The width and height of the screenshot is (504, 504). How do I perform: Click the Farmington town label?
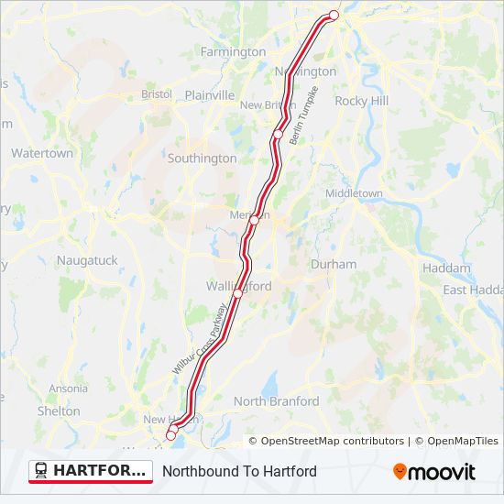(233, 52)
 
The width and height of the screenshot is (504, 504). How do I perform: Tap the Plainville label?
(210, 94)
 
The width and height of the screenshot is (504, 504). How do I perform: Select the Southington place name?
(203, 159)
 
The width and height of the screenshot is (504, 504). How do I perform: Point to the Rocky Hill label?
(362, 101)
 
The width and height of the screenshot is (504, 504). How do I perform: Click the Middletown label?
(355, 193)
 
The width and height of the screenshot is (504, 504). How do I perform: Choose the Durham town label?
(334, 264)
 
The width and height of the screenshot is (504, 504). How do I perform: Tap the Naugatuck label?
(87, 260)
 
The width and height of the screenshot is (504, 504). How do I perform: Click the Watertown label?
(42, 153)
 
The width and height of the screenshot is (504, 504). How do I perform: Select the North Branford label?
(276, 401)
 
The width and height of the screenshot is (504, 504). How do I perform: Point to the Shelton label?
(59, 411)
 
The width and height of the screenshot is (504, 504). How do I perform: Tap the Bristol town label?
(157, 94)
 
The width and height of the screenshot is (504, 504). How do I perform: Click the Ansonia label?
(69, 389)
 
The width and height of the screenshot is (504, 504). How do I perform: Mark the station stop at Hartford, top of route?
(334, 16)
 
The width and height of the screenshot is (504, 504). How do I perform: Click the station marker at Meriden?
(255, 220)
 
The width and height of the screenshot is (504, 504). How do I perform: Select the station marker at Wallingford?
(237, 293)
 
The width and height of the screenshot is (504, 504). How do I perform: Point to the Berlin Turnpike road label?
(303, 115)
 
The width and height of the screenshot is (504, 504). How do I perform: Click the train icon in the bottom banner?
(41, 471)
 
